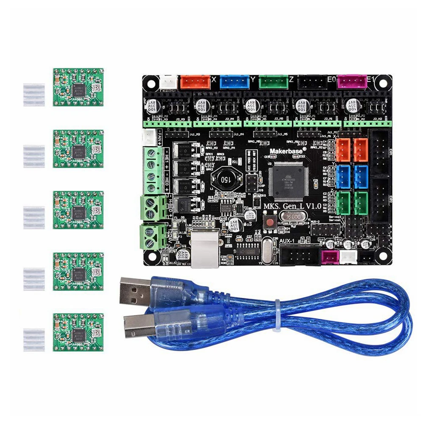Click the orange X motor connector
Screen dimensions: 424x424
pyautogui.click(x=195, y=81)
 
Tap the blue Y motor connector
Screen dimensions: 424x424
pyautogui.click(x=234, y=81)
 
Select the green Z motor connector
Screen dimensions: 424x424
pyautogui.click(x=273, y=81)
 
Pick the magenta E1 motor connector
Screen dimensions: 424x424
pyautogui.click(x=351, y=81)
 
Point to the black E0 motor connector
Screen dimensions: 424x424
pyautogui.click(x=312, y=81)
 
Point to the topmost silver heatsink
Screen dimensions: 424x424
pyautogui.click(x=33, y=95)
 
